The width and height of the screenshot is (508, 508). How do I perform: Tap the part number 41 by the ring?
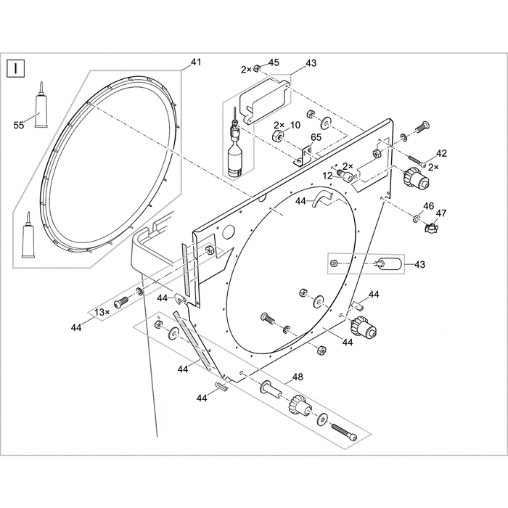[x=195, y=63]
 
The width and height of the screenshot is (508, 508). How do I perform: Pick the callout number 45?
[x=274, y=63]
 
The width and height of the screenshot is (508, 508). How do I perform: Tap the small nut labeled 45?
[x=258, y=69]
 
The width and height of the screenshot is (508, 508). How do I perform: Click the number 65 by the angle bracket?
[x=316, y=137]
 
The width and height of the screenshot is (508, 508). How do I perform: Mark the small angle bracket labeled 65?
[x=303, y=155]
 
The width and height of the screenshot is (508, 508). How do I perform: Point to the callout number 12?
[x=328, y=175]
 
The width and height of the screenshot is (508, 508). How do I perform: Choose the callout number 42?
[x=441, y=154]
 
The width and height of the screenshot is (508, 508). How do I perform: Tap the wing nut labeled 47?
[x=430, y=229]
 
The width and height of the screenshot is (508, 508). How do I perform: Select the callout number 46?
[x=429, y=207]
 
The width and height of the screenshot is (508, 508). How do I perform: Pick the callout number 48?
[x=297, y=377]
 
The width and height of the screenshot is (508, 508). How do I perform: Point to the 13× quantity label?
[x=101, y=312]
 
